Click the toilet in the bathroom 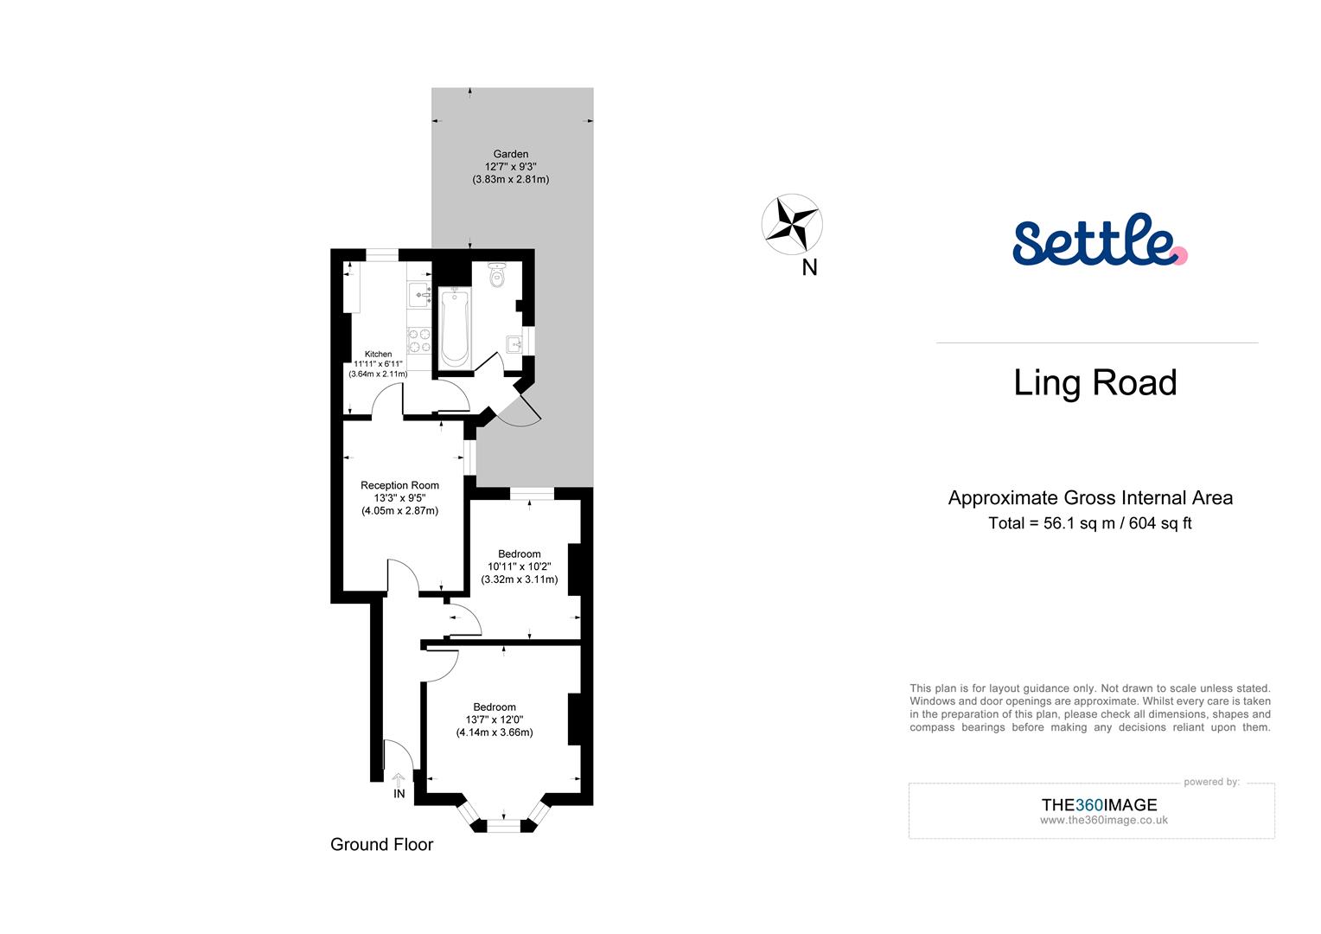point(497,276)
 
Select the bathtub point(455,328)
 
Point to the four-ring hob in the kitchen point(419,340)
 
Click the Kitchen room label point(378,354)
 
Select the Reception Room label point(399,485)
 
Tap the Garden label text point(510,154)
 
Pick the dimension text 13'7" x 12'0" point(495,720)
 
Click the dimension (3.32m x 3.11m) point(520,579)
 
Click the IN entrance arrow point(399,781)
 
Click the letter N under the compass point(809,268)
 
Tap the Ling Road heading point(1094,382)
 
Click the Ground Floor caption point(381,844)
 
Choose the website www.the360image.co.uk point(1103,820)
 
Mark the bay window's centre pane point(504,827)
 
